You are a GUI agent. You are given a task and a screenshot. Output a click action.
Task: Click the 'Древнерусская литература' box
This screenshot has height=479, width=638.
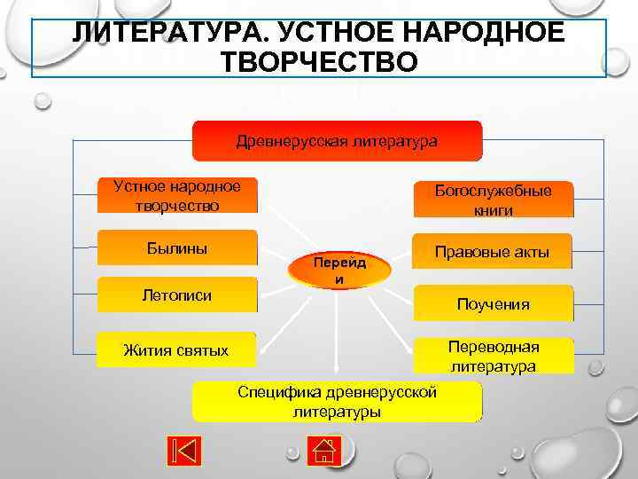337,141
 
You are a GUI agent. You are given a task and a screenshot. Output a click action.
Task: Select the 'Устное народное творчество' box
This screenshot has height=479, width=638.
177,196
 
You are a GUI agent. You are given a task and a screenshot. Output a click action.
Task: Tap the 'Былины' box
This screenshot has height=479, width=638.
177,248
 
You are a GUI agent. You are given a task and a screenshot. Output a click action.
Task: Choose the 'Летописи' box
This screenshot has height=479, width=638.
177,295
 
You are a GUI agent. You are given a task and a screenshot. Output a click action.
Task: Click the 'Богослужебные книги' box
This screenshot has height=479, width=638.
494,200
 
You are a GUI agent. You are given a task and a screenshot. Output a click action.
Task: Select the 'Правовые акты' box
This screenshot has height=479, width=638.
493,252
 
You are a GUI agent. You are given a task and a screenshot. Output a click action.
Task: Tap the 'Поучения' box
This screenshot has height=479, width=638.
494,304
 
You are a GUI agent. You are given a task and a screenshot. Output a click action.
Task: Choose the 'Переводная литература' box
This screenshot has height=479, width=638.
494,356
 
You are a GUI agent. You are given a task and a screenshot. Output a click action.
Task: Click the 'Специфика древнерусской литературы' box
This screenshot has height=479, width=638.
337,402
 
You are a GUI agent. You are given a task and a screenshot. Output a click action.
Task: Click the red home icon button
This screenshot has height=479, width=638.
325,450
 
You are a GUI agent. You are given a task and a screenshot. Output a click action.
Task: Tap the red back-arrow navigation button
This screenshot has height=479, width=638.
183,450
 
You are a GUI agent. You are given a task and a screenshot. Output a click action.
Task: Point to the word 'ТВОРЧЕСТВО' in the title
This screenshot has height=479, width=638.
319,63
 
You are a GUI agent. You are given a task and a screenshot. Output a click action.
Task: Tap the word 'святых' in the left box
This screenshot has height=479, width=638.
203,350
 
